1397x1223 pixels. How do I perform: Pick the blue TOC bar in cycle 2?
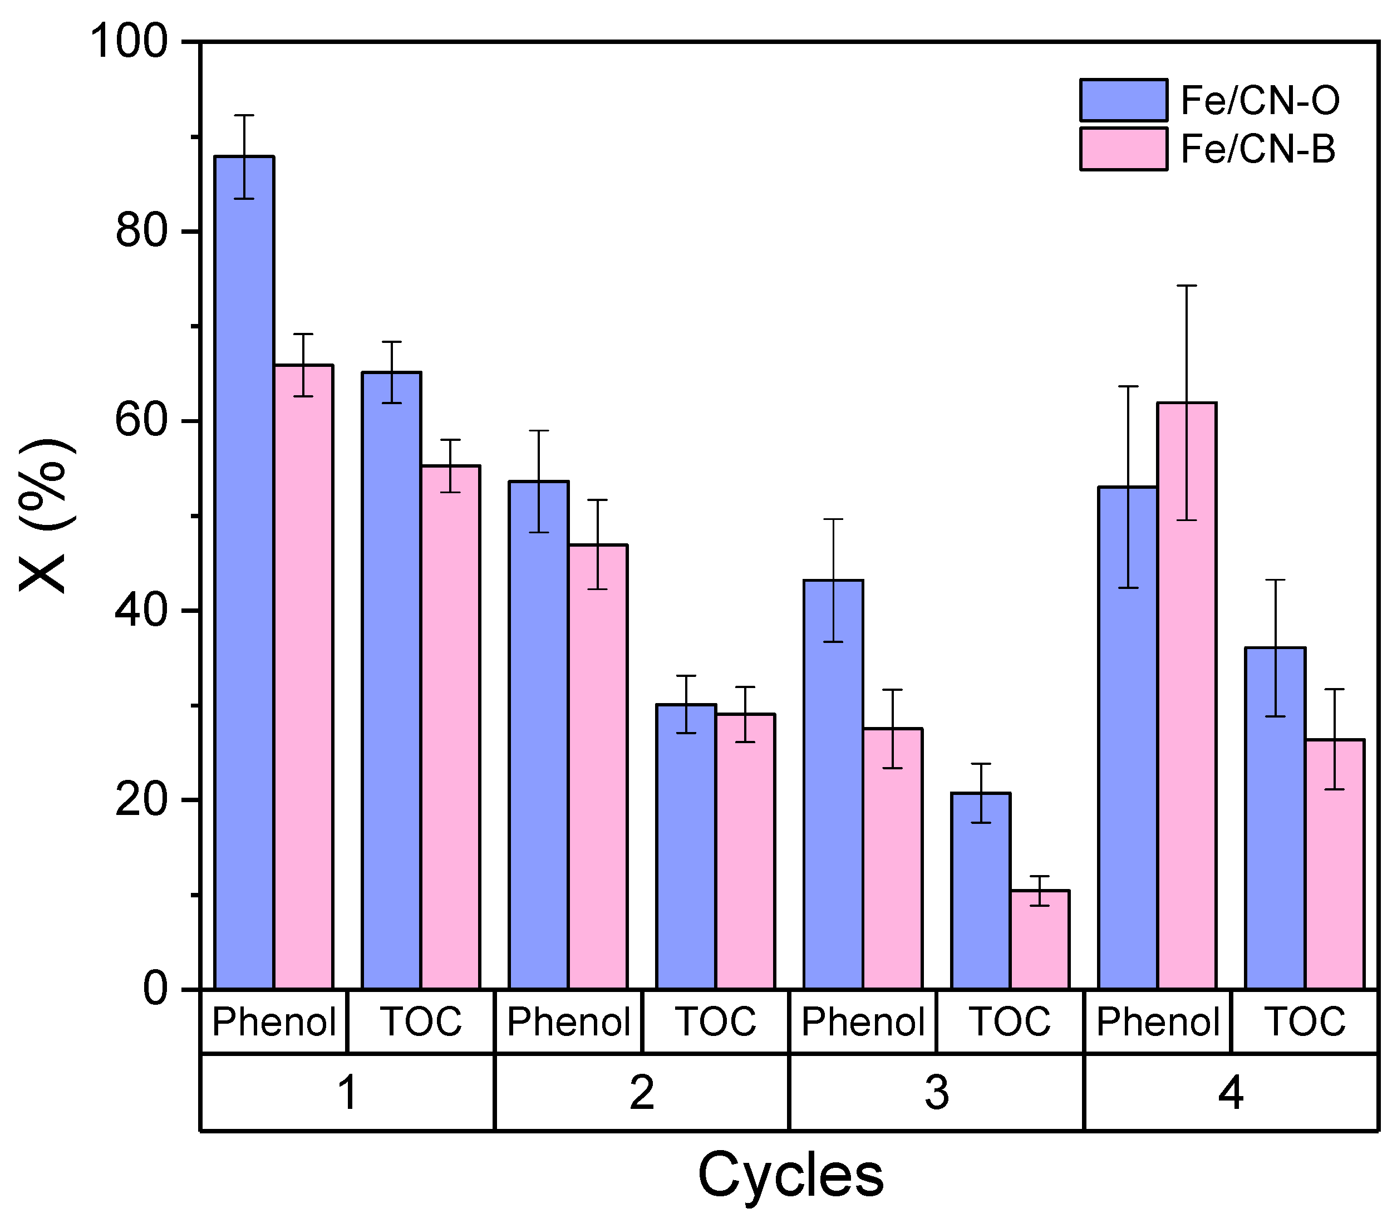click(686, 846)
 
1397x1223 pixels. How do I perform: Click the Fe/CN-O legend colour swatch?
click(1123, 100)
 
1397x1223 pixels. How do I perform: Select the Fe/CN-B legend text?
click(1257, 149)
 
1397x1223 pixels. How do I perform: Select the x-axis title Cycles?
click(790, 1175)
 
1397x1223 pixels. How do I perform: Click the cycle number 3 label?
click(936, 1093)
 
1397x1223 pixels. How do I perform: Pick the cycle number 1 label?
click(347, 1093)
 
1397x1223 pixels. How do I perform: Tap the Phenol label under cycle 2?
click(568, 1021)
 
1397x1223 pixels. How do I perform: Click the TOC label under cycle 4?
click(1304, 1021)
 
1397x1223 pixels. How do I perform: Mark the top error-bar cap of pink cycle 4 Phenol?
click(1186, 285)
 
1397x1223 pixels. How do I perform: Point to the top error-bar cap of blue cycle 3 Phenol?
click(833, 519)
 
